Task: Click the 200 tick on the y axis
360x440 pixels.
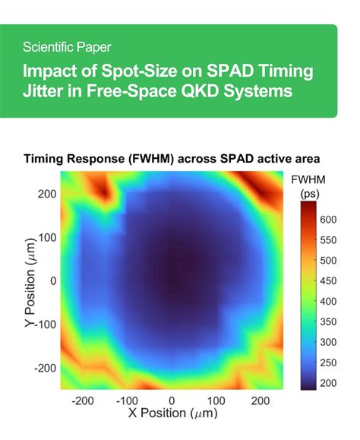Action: (x=48, y=194)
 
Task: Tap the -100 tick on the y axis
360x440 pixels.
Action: (x=45, y=324)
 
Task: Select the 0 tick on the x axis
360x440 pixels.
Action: (x=172, y=400)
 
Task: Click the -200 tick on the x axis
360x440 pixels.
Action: (x=82, y=400)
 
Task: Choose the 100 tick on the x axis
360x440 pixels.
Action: (x=216, y=400)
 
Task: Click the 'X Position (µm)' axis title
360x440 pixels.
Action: (x=172, y=416)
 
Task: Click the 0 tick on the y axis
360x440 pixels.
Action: (x=53, y=280)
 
